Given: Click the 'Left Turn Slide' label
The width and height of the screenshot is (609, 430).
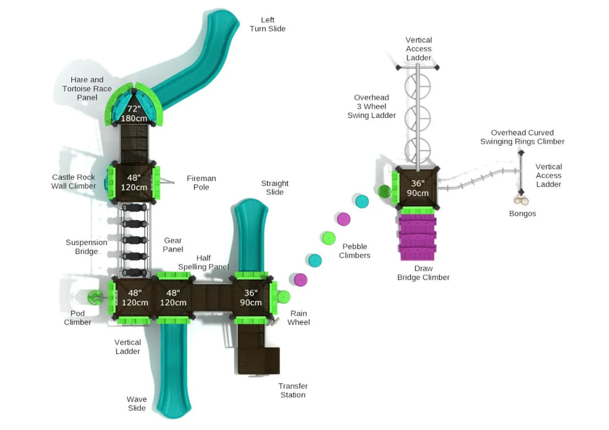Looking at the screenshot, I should [x=267, y=24].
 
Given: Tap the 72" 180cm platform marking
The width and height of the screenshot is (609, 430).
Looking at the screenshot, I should [x=134, y=114].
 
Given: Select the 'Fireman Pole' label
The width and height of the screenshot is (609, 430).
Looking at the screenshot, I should [x=201, y=183].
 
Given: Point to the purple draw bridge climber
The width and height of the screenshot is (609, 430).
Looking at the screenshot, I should [x=417, y=237].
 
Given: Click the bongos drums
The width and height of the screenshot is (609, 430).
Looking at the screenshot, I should [x=522, y=201].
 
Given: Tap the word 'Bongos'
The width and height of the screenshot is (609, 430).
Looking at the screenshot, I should [x=522, y=214].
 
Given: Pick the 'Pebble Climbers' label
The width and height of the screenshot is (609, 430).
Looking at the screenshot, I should [x=354, y=251].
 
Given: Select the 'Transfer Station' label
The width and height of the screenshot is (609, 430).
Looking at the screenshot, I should [x=293, y=390].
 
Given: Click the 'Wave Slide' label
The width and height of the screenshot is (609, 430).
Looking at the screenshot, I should [x=136, y=403].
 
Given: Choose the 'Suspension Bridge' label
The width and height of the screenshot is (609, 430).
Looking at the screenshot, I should [x=86, y=247].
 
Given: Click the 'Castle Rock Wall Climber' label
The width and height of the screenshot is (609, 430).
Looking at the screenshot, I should [x=74, y=181].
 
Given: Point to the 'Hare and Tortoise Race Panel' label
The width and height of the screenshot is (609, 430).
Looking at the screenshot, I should [x=87, y=88].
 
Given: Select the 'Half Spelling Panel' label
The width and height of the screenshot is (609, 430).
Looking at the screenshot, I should [x=203, y=262].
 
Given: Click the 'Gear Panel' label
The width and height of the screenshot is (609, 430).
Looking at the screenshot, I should [x=173, y=244].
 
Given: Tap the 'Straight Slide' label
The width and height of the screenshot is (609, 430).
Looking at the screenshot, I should [x=275, y=187].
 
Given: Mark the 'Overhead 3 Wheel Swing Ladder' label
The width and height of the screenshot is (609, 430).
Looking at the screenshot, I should [x=372, y=106].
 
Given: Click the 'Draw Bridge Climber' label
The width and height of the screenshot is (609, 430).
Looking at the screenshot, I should [x=423, y=273].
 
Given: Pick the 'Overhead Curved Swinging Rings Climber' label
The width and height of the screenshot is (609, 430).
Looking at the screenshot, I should [x=522, y=137].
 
